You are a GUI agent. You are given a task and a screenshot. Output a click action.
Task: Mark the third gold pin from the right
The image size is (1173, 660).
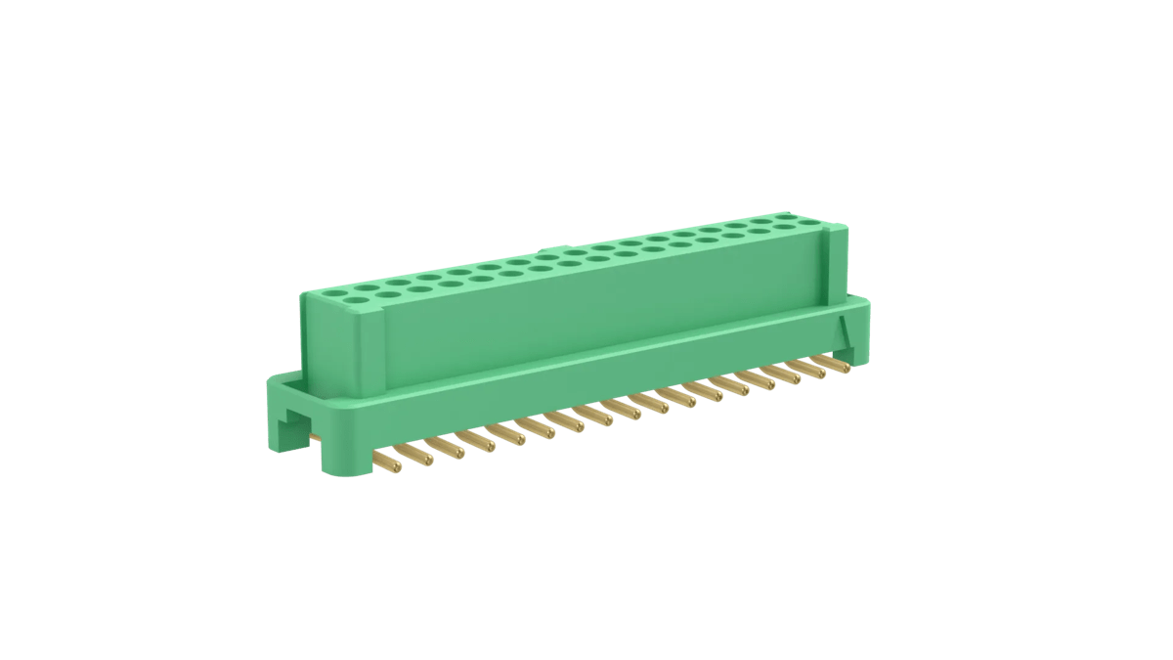[x=787, y=379]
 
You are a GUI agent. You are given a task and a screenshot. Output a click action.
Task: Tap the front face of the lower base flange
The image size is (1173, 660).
[x=586, y=391]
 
